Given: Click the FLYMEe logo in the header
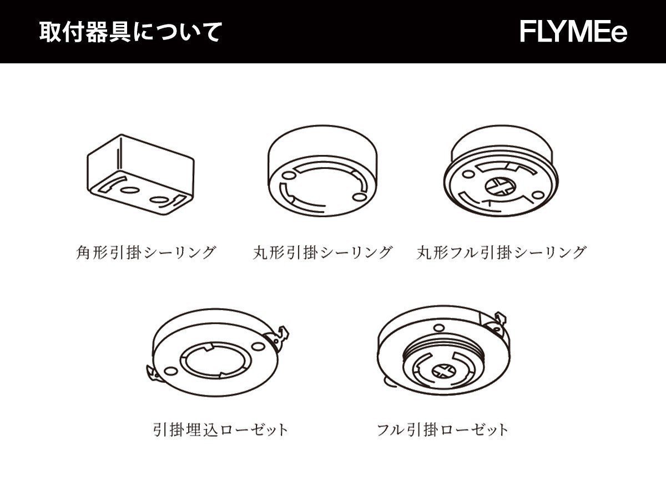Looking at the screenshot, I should click(573, 32).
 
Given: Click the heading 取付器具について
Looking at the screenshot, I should click(130, 32).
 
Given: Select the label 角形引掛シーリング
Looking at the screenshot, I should click(145, 253).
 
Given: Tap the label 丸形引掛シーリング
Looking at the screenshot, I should click(322, 253).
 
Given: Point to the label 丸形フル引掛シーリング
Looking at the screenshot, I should click(501, 253).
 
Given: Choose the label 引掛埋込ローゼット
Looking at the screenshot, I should click(220, 429).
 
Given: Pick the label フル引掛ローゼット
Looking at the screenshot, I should click(442, 429).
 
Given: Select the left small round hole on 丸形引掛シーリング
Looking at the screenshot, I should click(286, 176).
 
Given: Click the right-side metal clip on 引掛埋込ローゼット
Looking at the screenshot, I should click(282, 334).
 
